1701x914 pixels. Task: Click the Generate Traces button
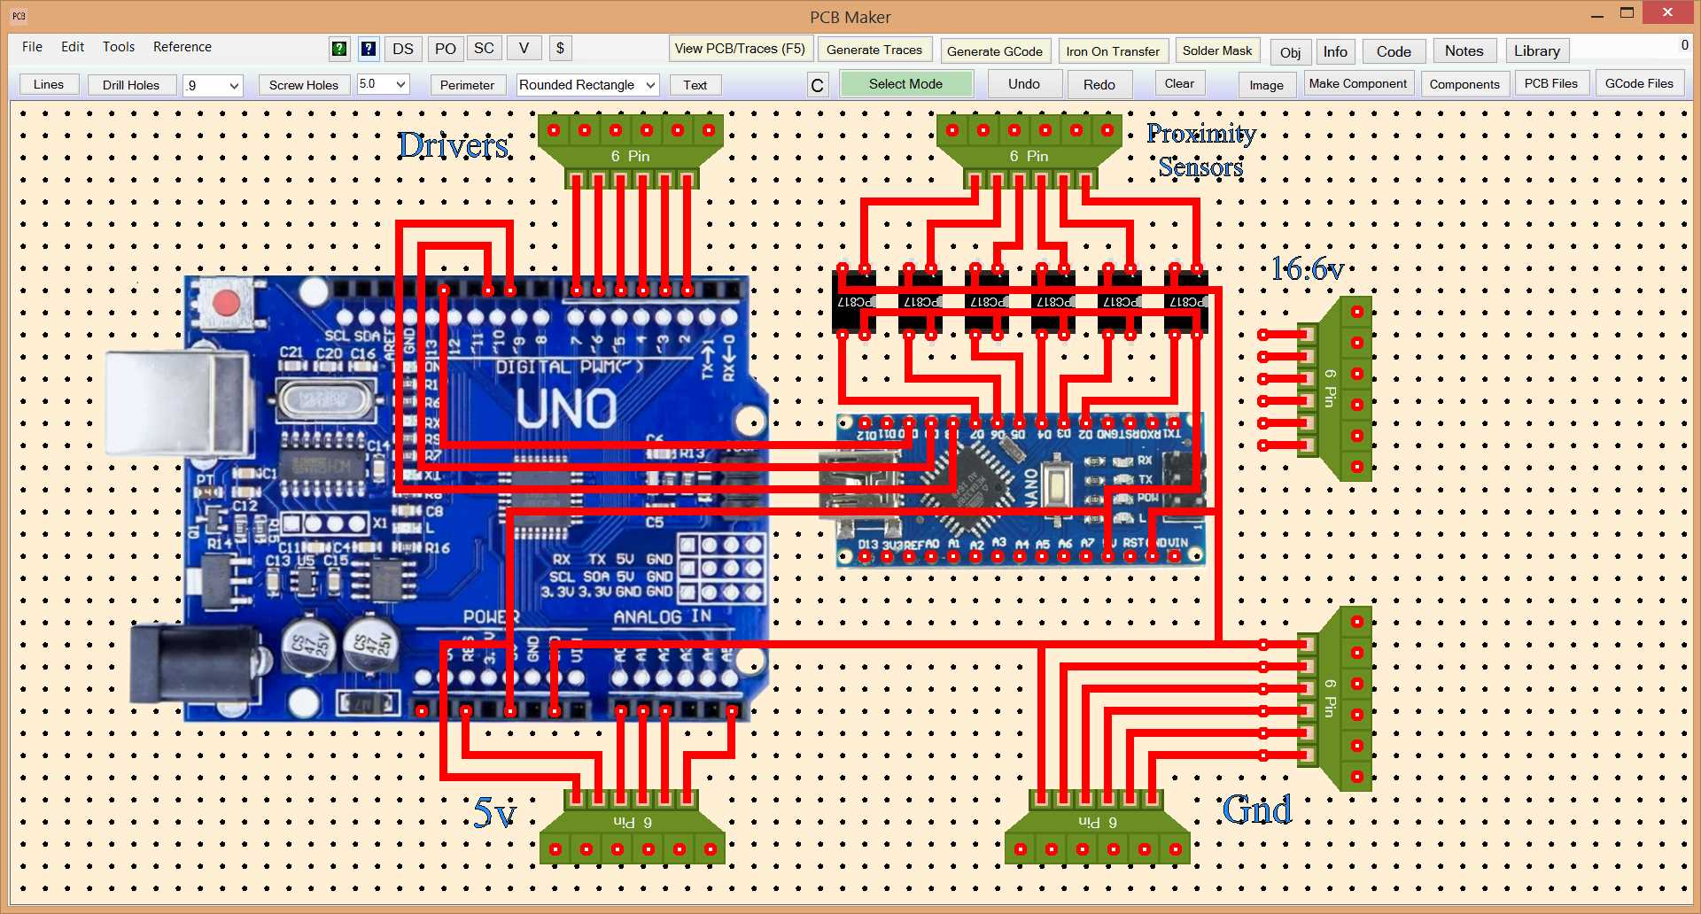tap(874, 50)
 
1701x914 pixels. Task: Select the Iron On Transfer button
tap(1113, 51)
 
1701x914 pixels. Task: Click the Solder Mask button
tap(1216, 50)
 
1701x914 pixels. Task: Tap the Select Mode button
tap(905, 84)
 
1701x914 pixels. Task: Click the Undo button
tap(1023, 84)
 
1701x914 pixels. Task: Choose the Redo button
tap(1099, 85)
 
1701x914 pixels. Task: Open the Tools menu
tap(118, 47)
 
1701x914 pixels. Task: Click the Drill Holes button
tap(130, 85)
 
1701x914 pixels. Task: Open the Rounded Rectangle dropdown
tap(586, 85)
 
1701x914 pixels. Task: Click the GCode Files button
tap(1638, 83)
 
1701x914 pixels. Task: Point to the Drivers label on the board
tap(453, 145)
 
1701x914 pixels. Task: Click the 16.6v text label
tap(1307, 268)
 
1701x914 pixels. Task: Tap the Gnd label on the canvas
tap(1256, 809)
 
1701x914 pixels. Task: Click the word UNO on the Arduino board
tap(566, 408)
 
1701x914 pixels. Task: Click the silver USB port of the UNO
tap(177, 403)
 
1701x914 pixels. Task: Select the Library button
tap(1536, 51)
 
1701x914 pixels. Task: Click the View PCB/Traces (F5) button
tap(740, 49)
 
